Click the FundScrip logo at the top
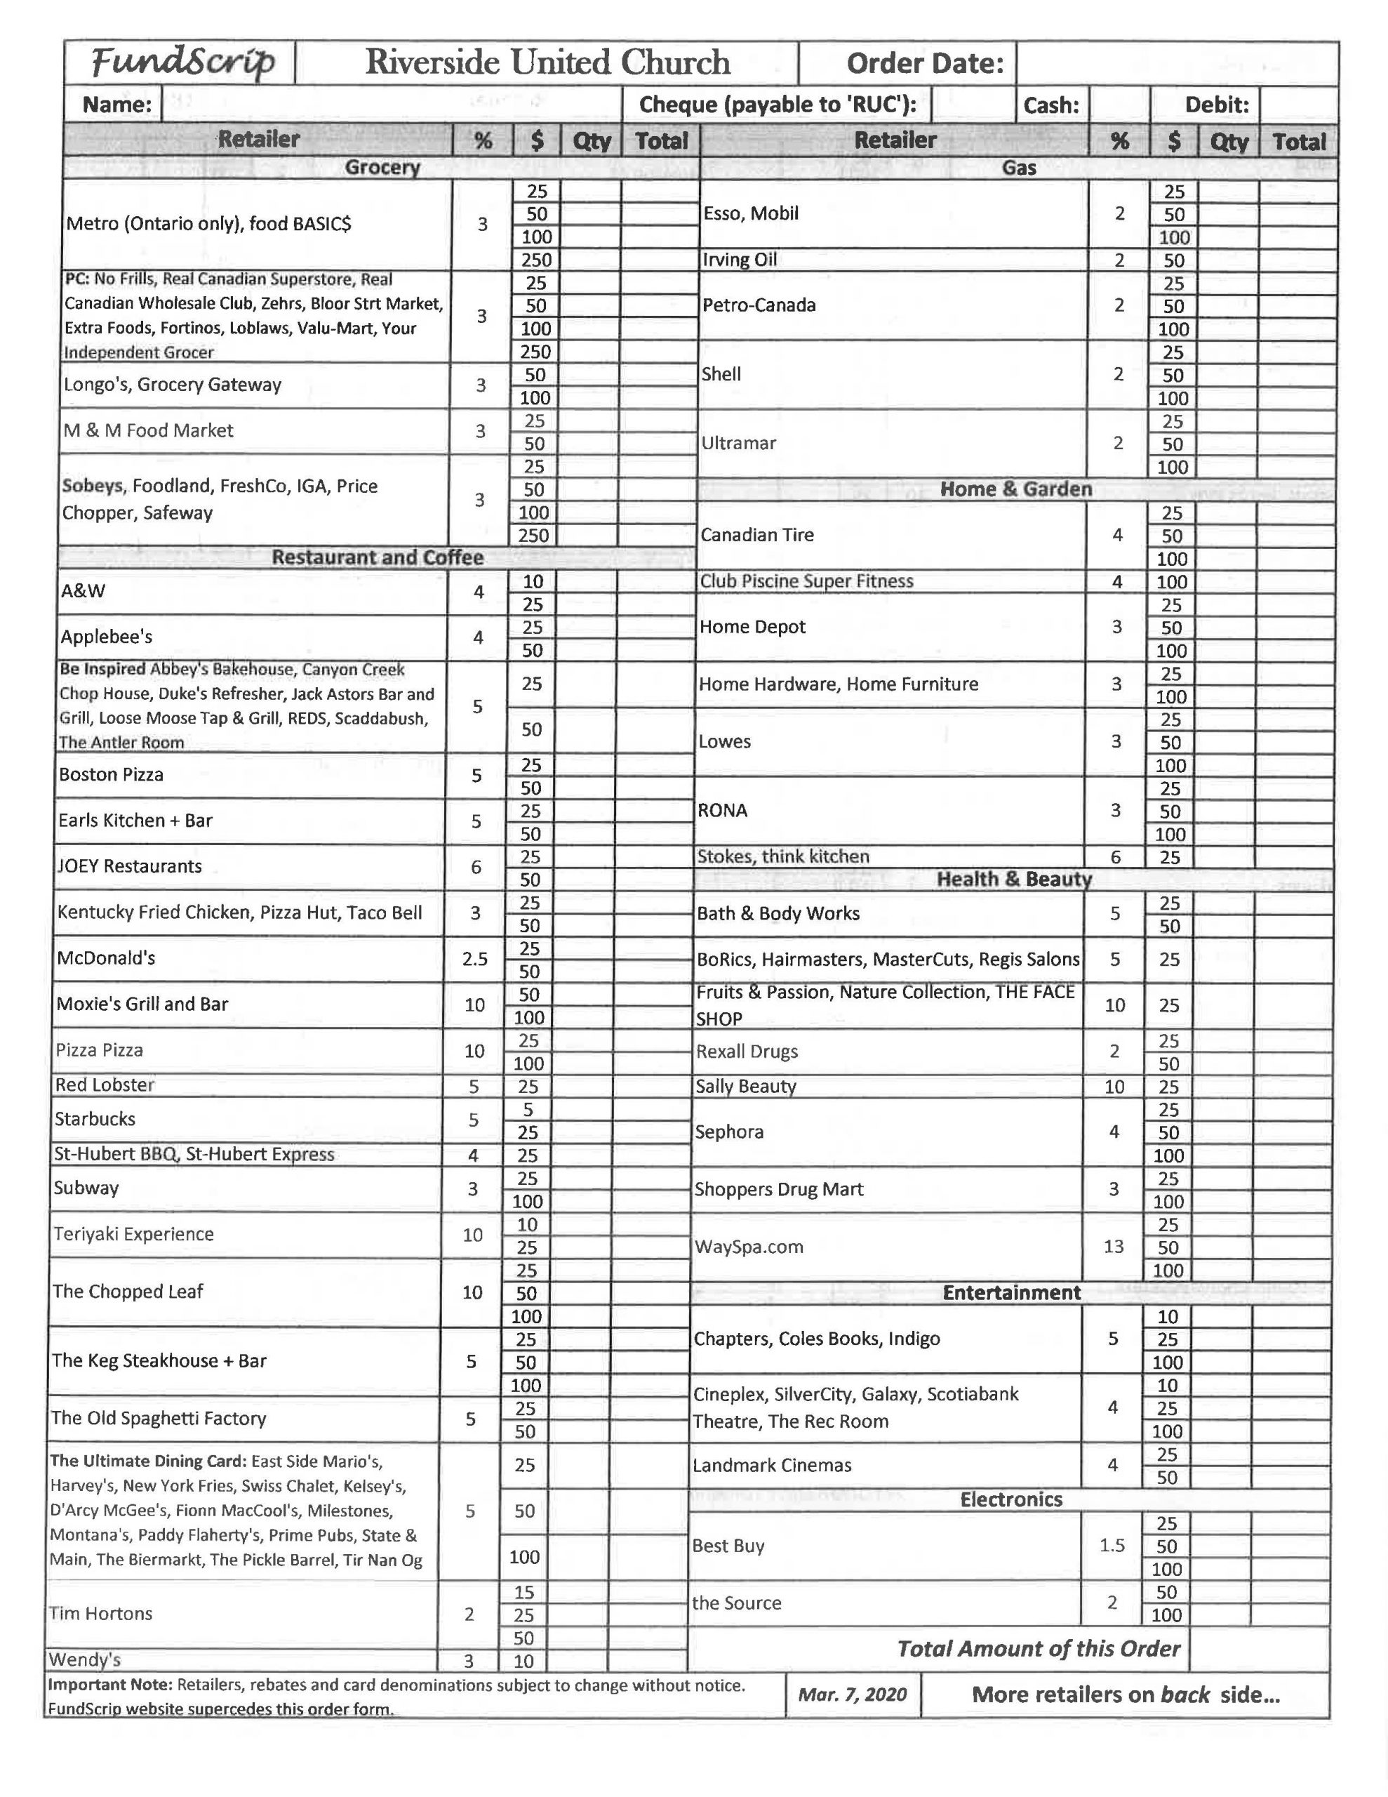(x=182, y=62)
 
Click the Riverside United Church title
(x=547, y=62)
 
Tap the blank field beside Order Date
(x=1177, y=63)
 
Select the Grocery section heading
(x=382, y=168)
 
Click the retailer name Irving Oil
(x=739, y=260)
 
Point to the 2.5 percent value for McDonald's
(x=475, y=959)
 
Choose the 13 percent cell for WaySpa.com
(x=1113, y=1247)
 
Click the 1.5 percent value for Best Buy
(x=1112, y=1545)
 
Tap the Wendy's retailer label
(x=85, y=1659)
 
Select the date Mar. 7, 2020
(x=853, y=1694)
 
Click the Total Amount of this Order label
(x=1039, y=1649)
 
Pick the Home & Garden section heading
(x=1016, y=489)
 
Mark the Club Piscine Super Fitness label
(x=806, y=581)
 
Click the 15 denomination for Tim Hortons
(x=524, y=1592)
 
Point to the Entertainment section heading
(x=1011, y=1292)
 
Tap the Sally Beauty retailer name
(x=745, y=1086)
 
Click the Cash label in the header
(x=1050, y=105)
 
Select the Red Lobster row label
(x=105, y=1085)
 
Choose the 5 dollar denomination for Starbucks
(x=528, y=1109)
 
